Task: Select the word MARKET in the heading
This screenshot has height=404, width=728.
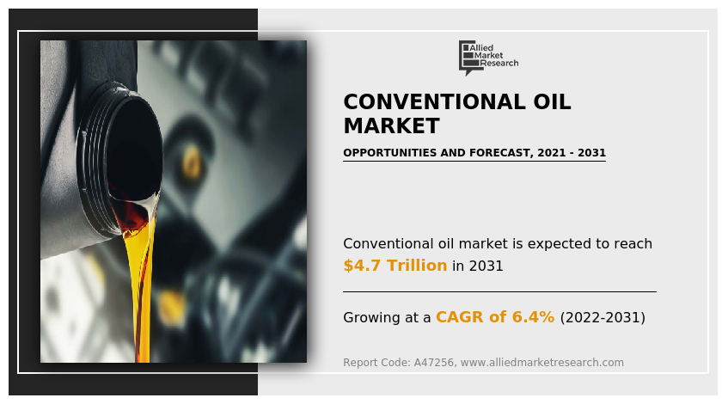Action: [390, 126]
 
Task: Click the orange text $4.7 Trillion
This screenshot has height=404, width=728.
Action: [395, 266]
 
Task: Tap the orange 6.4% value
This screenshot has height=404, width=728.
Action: [534, 317]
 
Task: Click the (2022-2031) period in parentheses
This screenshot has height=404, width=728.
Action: [602, 317]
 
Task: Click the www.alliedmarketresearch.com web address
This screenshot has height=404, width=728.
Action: [542, 363]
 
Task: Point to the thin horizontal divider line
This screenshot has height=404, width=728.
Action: [499, 291]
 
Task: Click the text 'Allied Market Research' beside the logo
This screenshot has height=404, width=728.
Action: [499, 56]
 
